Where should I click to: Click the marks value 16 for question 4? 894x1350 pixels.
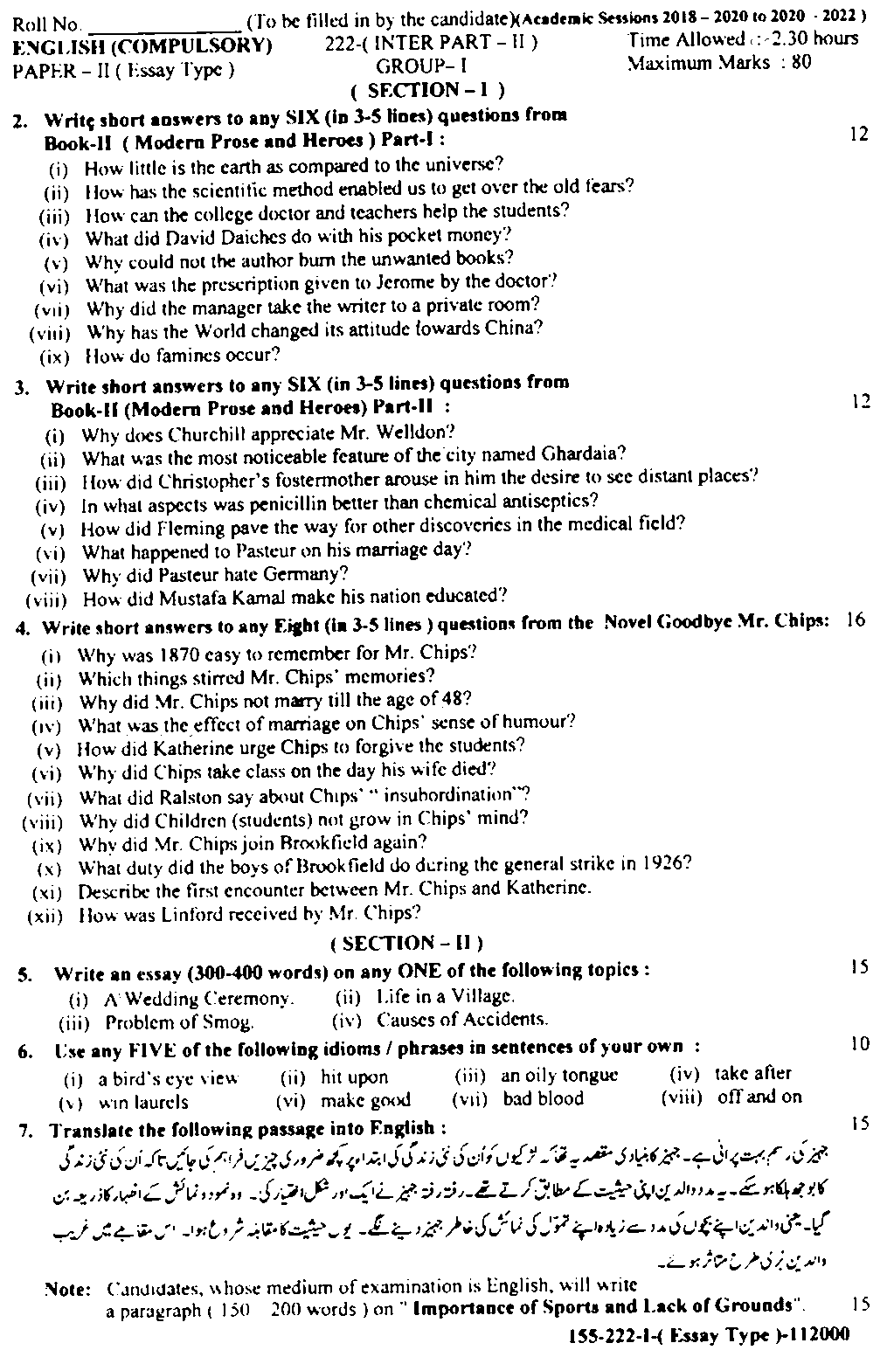click(x=856, y=620)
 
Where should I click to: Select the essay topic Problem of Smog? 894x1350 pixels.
click(x=179, y=1021)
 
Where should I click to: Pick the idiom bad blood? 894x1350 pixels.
click(x=543, y=1099)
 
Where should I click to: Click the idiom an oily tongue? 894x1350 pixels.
click(x=559, y=1076)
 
